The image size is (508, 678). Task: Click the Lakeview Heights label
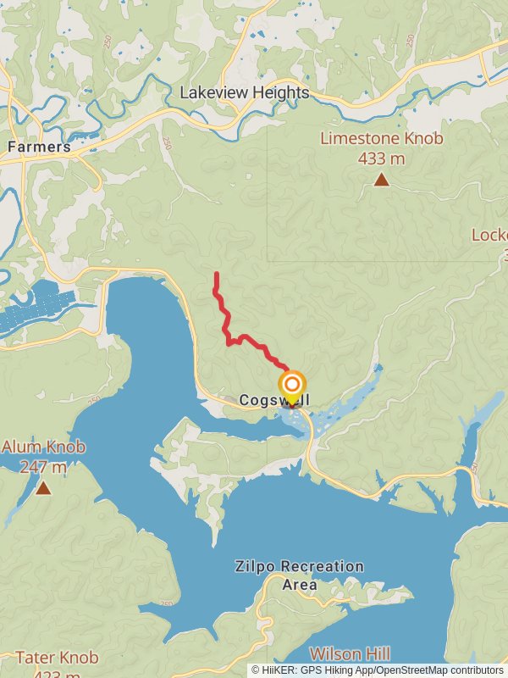[x=244, y=93]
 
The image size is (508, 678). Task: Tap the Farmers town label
[x=39, y=147]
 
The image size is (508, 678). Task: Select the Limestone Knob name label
[x=382, y=139]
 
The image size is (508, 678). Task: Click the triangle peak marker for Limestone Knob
[x=382, y=180]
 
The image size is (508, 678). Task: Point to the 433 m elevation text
[x=382, y=158]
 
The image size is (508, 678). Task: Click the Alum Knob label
[x=43, y=447]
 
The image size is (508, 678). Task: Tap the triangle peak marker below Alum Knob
[x=43, y=488]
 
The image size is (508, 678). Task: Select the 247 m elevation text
[x=42, y=466]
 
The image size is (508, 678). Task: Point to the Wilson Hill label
[x=350, y=653]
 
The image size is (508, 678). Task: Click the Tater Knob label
[x=57, y=657]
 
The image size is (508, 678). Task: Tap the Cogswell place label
[x=273, y=399]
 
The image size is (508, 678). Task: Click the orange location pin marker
[x=292, y=386]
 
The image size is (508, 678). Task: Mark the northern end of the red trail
[x=217, y=274]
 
